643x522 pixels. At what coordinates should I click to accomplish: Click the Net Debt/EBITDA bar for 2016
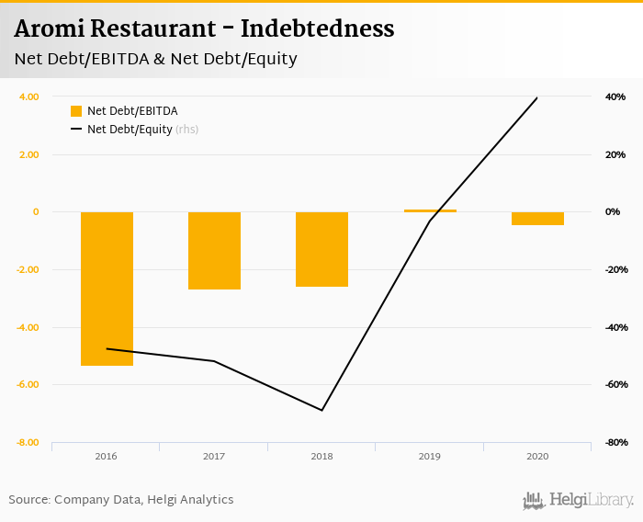[x=107, y=289]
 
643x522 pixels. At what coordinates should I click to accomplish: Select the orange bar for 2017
[x=214, y=251]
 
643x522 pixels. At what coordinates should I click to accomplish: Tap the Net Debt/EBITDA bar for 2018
[x=321, y=249]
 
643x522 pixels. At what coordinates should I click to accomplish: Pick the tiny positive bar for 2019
[x=430, y=210]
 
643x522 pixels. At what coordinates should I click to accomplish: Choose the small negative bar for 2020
[x=537, y=219]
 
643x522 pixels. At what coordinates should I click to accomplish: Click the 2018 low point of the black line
[x=321, y=410]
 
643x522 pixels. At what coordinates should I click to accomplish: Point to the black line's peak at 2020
[x=537, y=97]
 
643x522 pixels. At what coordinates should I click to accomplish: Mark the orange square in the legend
[x=76, y=111]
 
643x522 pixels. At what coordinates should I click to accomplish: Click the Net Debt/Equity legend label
[x=130, y=130]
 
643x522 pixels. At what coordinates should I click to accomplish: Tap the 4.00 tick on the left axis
[x=28, y=96]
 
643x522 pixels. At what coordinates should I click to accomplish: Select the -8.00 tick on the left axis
[x=28, y=443]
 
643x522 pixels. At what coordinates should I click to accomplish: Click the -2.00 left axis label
[x=28, y=270]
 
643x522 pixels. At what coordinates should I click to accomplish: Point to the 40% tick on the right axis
[x=615, y=97]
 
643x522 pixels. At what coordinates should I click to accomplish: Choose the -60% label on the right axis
[x=614, y=385]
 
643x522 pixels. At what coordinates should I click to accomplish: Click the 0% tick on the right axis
[x=613, y=212]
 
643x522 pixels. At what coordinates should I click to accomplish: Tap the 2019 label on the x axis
[x=430, y=457]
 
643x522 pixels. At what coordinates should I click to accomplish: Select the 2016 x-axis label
[x=107, y=457]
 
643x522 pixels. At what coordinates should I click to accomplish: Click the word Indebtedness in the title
[x=317, y=28]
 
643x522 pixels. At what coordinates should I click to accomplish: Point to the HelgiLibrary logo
[x=579, y=500]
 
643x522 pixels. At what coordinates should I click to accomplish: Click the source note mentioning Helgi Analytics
[x=121, y=500]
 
